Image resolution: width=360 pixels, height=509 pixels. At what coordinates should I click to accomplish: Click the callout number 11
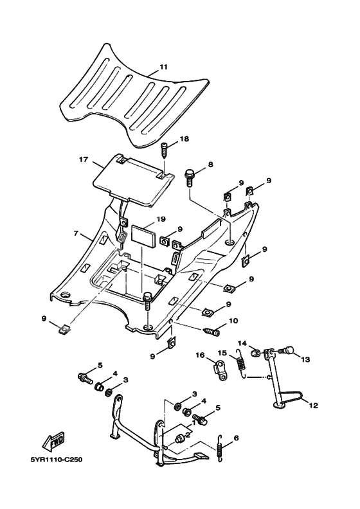163,67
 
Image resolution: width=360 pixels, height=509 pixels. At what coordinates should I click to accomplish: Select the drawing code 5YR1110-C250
56,460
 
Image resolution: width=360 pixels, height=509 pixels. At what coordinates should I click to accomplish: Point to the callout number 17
84,159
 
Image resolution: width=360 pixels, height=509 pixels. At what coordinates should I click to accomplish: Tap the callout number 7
76,233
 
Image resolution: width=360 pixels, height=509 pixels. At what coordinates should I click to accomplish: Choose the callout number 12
314,406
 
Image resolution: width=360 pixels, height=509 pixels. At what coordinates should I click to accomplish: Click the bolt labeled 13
287,350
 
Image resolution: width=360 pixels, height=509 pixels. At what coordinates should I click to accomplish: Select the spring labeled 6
220,447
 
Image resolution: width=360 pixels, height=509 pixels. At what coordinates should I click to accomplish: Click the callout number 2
187,434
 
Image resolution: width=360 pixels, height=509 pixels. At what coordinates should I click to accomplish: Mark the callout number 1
194,423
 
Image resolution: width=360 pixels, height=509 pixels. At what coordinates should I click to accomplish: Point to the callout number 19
161,219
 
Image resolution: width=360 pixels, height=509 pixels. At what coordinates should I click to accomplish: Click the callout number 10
233,321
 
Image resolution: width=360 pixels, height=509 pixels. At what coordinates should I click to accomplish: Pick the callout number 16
201,355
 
